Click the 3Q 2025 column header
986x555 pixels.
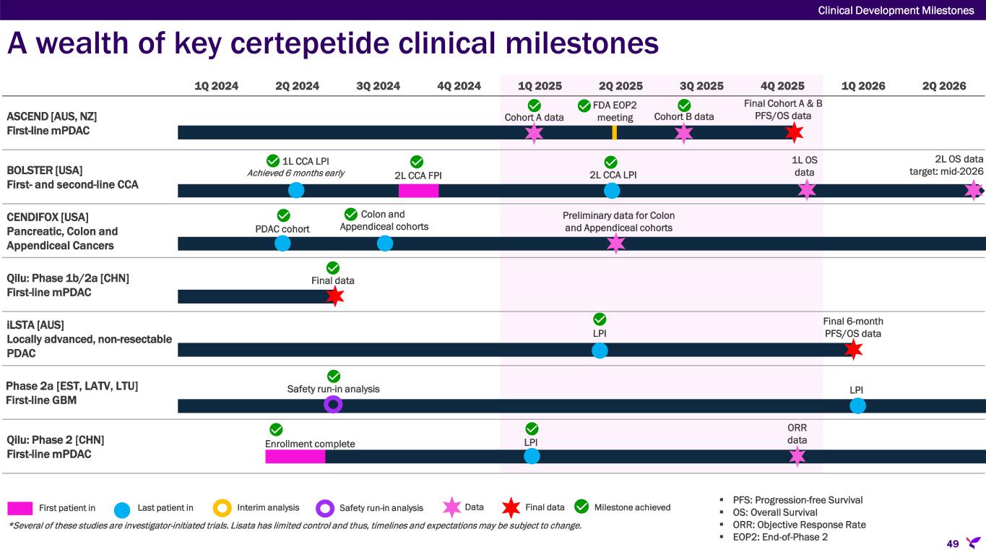[701, 86]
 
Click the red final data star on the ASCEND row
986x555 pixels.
[795, 132]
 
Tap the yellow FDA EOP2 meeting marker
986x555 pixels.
[614, 132]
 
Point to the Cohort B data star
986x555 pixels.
[683, 132]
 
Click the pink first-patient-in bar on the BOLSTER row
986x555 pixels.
[418, 190]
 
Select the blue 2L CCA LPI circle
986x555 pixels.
[612, 190]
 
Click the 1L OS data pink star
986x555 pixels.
[806, 190]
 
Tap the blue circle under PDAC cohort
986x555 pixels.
[282, 244]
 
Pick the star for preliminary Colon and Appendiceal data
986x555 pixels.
[615, 244]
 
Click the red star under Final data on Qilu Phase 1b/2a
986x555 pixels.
[334, 296]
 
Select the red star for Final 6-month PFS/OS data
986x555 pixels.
[853, 350]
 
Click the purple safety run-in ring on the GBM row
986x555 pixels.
[333, 404]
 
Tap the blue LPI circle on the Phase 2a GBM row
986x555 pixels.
[857, 405]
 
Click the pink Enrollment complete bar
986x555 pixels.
[295, 457]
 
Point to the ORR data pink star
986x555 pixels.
[797, 456]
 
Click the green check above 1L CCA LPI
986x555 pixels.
[273, 160]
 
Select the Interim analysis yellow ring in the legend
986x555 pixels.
[222, 508]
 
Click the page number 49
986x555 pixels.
[953, 543]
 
